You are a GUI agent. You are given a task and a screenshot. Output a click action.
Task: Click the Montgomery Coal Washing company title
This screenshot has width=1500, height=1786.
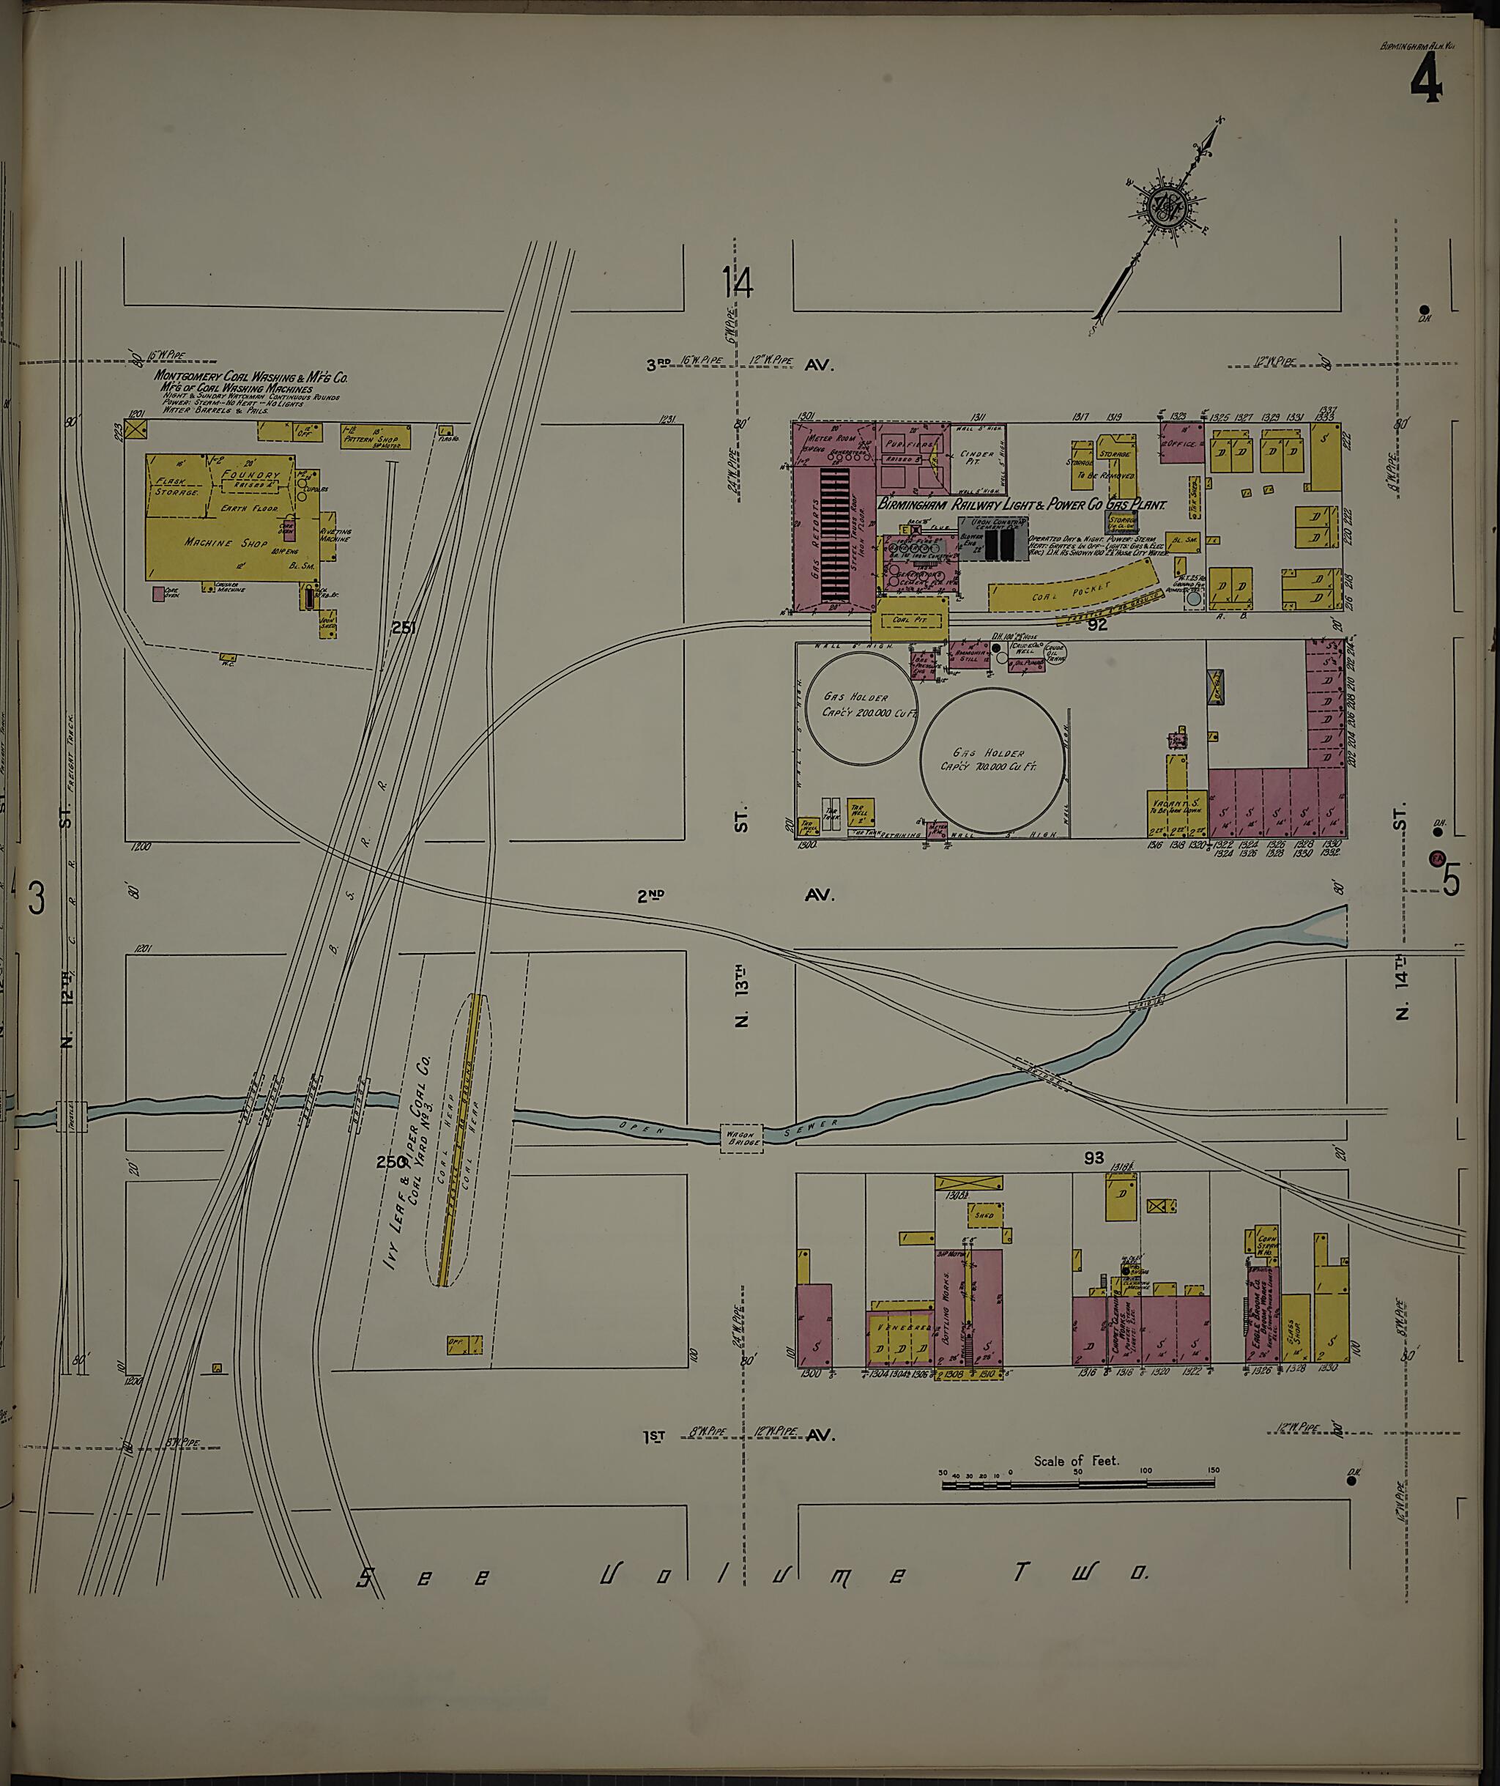coord(250,377)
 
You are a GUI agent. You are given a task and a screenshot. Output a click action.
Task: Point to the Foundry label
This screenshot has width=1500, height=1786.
coord(250,475)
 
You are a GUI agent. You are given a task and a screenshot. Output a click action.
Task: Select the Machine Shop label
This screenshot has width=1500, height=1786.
coord(220,543)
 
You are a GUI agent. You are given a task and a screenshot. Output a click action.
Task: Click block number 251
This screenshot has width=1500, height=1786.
coord(403,628)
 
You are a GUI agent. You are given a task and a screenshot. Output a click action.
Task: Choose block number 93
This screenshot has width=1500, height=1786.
coord(1094,1157)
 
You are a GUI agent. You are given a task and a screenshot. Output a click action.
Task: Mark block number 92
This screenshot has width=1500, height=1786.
coord(1097,625)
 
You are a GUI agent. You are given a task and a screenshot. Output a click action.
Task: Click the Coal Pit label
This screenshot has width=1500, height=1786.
coord(909,620)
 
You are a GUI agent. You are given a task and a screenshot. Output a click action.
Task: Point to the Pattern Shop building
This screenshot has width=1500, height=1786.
coord(376,437)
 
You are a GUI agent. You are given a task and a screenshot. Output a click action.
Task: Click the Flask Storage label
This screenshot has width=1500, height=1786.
coord(176,486)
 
